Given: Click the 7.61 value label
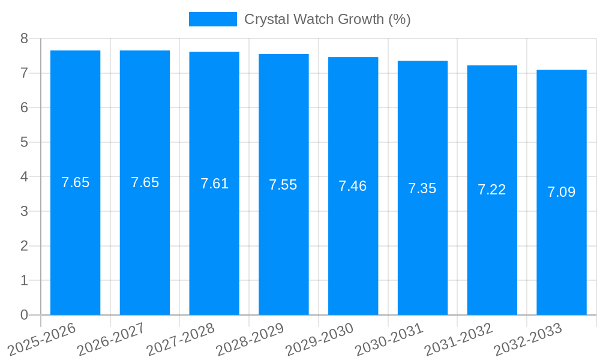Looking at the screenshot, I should [x=214, y=184].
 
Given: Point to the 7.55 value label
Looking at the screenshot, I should [x=283, y=185].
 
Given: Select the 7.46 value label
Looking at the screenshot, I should [x=353, y=186].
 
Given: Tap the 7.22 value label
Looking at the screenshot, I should [x=492, y=190].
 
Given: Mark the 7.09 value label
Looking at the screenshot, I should [x=562, y=192].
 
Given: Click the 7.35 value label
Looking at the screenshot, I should [x=422, y=188].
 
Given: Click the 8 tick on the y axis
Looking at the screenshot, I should [x=24, y=38].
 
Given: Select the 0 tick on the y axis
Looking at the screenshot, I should [x=24, y=315].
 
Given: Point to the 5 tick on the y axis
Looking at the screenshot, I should [x=24, y=142].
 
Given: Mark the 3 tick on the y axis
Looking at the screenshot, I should [x=24, y=211].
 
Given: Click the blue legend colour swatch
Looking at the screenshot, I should [x=213, y=19].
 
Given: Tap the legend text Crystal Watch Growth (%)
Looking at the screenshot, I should [x=328, y=19].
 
